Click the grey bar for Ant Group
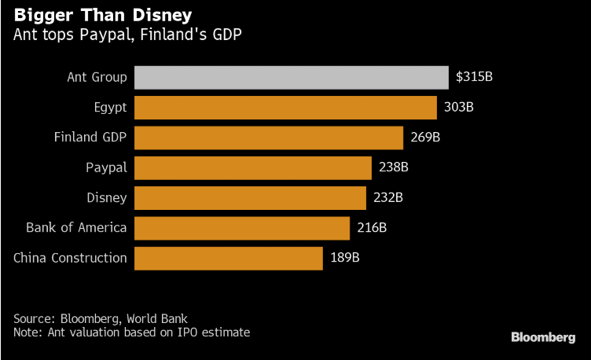(291, 77)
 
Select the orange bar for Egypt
(285, 107)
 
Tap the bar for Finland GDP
(269, 138)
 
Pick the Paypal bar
(253, 167)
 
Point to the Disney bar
(250, 197)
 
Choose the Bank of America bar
(242, 228)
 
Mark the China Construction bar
(229, 258)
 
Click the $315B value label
(474, 77)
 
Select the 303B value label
(458, 107)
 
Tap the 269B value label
(425, 138)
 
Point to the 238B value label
(393, 167)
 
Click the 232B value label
(388, 197)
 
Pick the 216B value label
(372, 228)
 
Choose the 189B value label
(345, 258)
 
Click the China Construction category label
(70, 258)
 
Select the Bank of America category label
(76, 228)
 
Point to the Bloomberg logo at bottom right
(543, 337)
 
